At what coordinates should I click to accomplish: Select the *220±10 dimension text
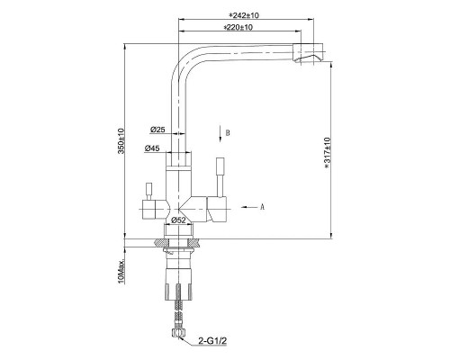click(237, 29)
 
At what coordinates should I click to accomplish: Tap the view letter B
click(229, 132)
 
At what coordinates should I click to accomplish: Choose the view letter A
click(261, 206)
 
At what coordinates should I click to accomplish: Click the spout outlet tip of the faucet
click(310, 58)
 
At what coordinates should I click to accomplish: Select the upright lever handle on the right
click(219, 176)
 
